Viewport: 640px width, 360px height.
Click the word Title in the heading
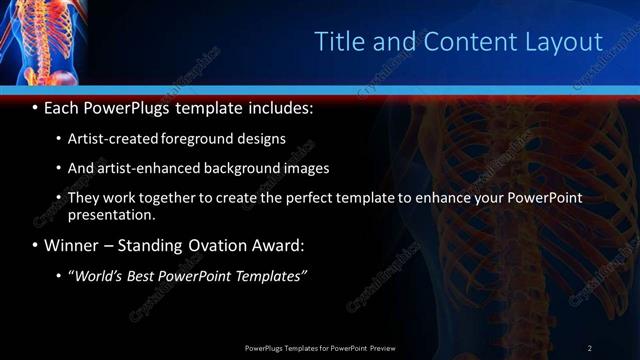click(x=338, y=41)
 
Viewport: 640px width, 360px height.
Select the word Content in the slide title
click(x=458, y=41)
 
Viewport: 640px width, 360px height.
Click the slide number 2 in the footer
click(x=589, y=347)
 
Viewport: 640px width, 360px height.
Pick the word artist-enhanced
click(x=145, y=168)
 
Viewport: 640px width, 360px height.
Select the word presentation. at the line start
click(x=112, y=215)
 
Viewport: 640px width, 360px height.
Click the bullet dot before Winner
click(x=35, y=245)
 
